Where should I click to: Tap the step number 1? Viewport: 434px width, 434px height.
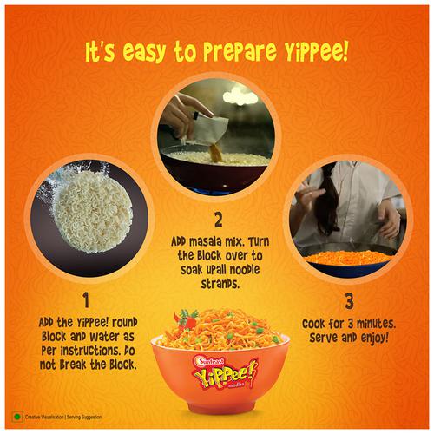click(86, 299)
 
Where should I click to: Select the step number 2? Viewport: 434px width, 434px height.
click(219, 220)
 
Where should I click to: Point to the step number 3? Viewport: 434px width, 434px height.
click(349, 301)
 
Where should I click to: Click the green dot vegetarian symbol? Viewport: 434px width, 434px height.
click(17, 417)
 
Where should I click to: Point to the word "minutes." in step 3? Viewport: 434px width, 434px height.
click(376, 324)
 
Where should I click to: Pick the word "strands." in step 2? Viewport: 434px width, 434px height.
click(220, 284)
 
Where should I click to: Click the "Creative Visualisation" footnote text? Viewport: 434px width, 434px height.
click(44, 417)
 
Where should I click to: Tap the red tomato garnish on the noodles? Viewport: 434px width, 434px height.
click(188, 319)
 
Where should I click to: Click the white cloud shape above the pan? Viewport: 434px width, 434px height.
click(240, 95)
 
